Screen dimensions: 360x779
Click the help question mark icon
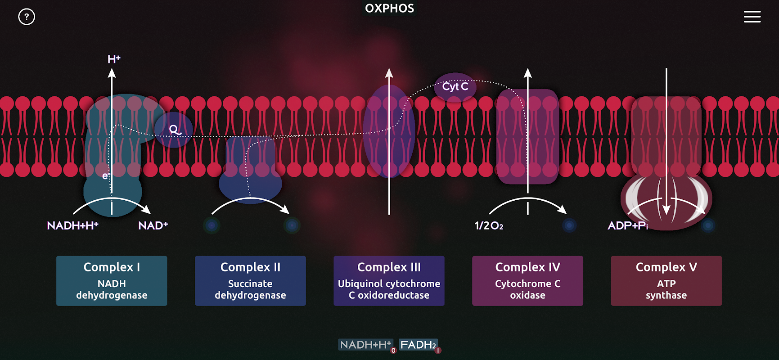(27, 17)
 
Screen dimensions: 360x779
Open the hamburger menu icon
(752, 17)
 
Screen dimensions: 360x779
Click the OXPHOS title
(389, 9)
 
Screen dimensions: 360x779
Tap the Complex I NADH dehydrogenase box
(112, 281)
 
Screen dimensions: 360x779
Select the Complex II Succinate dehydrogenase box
(250, 281)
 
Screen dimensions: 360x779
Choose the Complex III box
(389, 281)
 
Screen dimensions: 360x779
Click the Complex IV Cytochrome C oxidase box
(527, 281)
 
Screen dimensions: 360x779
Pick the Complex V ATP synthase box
(666, 281)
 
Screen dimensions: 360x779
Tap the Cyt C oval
(455, 86)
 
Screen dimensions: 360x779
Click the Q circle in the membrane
(174, 130)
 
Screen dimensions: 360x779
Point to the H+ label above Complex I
(114, 59)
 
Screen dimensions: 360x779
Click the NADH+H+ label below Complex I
(72, 225)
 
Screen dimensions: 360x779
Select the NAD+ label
(153, 225)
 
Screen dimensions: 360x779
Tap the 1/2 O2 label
(489, 225)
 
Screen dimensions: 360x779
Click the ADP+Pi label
(628, 225)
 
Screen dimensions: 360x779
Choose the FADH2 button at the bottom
(418, 345)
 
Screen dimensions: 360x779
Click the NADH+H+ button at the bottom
(365, 345)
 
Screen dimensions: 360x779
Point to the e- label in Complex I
(106, 175)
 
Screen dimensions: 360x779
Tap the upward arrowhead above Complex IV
(528, 73)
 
